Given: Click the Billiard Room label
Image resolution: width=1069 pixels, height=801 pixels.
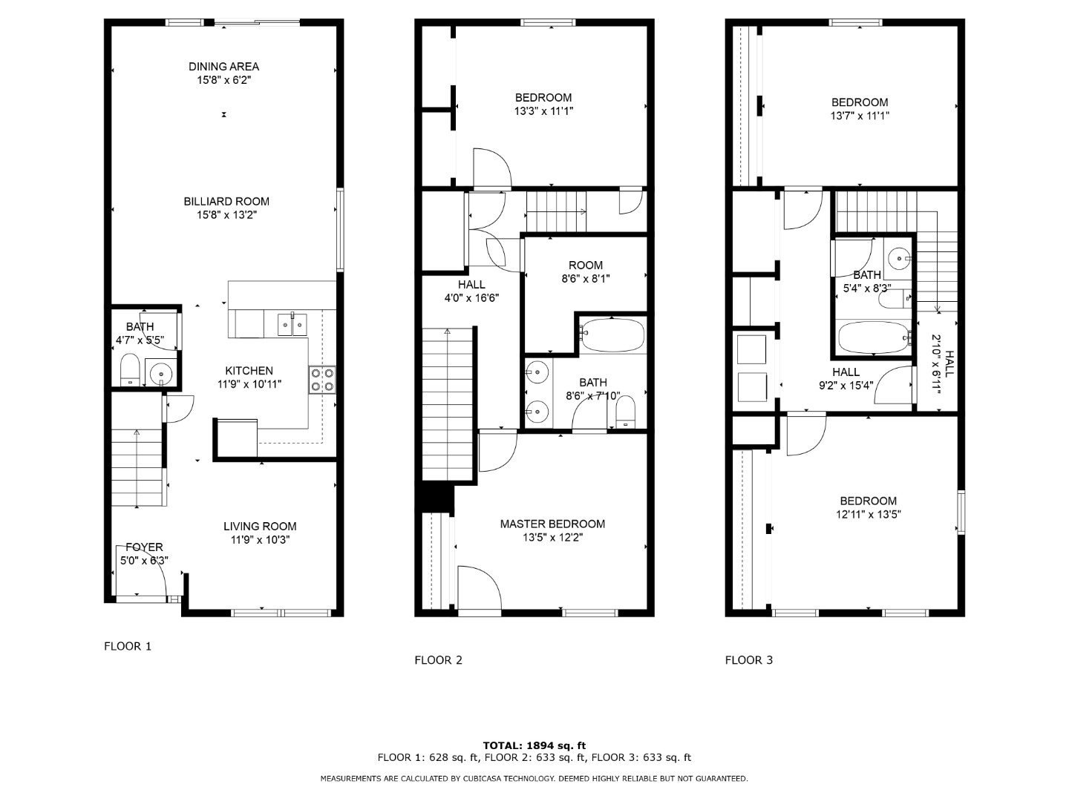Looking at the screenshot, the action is pyautogui.click(x=226, y=201).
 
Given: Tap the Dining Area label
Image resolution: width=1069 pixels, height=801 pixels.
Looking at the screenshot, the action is pyautogui.click(x=224, y=67).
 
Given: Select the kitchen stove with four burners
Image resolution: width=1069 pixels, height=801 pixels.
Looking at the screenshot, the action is pyautogui.click(x=322, y=379).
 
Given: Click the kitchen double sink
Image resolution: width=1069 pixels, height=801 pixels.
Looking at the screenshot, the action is pyautogui.click(x=292, y=324).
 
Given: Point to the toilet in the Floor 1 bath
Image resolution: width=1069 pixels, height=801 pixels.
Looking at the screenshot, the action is pyautogui.click(x=130, y=369).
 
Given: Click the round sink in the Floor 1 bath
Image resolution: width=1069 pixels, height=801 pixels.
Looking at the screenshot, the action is pyautogui.click(x=160, y=374).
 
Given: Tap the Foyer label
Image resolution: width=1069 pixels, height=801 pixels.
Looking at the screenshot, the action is pyautogui.click(x=144, y=547).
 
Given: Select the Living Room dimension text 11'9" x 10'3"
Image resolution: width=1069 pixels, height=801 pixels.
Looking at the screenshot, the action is pyautogui.click(x=260, y=540).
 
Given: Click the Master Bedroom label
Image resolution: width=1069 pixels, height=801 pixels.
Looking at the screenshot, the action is pyautogui.click(x=552, y=524).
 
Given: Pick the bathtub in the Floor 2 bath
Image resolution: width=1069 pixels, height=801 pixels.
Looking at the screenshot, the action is pyautogui.click(x=612, y=334).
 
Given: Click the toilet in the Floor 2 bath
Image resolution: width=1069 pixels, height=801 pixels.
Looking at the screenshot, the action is pyautogui.click(x=625, y=412).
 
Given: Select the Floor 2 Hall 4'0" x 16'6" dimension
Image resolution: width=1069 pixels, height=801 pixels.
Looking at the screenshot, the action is pyautogui.click(x=471, y=298).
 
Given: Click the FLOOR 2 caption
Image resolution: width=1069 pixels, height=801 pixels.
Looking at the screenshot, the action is pyautogui.click(x=438, y=660).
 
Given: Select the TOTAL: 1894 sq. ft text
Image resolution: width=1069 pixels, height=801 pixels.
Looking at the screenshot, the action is pyautogui.click(x=534, y=745).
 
